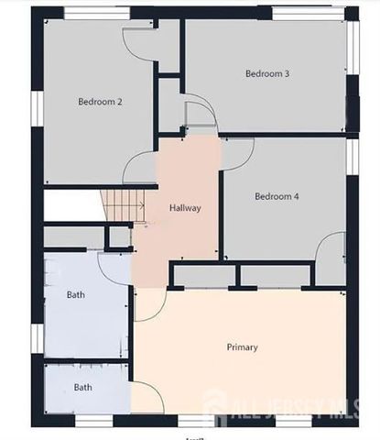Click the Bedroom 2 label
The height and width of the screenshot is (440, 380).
click(100, 102)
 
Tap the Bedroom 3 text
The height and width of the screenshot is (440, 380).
click(267, 73)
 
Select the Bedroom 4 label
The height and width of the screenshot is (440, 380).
click(277, 196)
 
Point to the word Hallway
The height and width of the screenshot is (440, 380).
click(185, 208)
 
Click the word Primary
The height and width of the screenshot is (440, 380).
click(242, 347)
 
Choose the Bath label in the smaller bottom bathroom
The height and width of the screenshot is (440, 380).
click(82, 388)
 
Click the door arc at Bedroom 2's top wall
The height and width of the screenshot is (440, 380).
click(140, 41)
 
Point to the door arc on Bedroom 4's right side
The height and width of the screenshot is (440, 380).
click(330, 248)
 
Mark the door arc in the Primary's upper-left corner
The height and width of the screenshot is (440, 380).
click(149, 303)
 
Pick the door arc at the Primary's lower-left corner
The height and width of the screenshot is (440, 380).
click(149, 396)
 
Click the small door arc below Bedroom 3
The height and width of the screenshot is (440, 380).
click(199, 115)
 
